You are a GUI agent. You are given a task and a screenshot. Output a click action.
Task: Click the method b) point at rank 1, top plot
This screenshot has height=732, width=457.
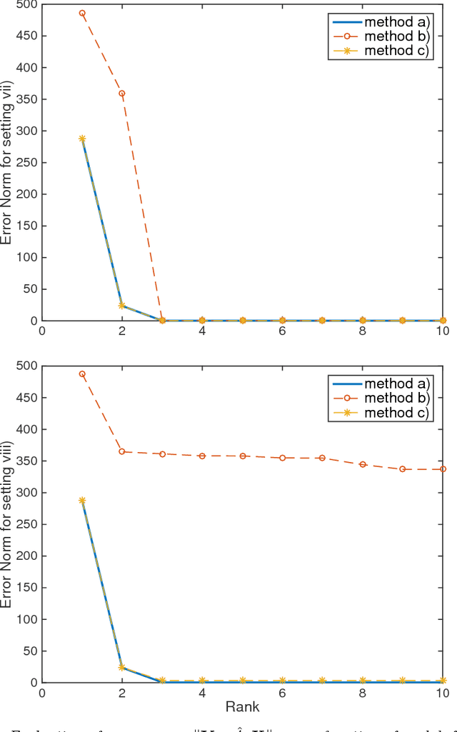pyautogui.click(x=82, y=13)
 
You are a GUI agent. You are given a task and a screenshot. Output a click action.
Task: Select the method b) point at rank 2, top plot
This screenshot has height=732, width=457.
pyautogui.click(x=122, y=94)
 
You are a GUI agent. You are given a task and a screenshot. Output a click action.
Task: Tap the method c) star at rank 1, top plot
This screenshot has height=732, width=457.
pyautogui.click(x=82, y=139)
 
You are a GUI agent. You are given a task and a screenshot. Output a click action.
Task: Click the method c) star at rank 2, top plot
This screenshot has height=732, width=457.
pyautogui.click(x=122, y=306)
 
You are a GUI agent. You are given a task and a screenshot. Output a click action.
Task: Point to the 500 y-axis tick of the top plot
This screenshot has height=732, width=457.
pyautogui.click(x=26, y=4)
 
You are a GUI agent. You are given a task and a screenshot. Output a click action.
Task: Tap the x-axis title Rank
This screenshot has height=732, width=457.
pyautogui.click(x=242, y=707)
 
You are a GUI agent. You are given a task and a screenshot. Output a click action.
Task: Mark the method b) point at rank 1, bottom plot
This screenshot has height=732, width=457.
pyautogui.click(x=82, y=373)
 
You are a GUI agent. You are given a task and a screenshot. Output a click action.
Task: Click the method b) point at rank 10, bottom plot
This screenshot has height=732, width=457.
pyautogui.click(x=443, y=469)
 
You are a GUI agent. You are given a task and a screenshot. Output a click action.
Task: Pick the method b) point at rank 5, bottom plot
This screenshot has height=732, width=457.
pyautogui.click(x=242, y=456)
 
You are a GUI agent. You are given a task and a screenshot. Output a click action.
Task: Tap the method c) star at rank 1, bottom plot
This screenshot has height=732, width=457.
pyautogui.click(x=82, y=501)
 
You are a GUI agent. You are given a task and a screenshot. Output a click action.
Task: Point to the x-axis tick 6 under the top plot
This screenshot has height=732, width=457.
pyautogui.click(x=282, y=332)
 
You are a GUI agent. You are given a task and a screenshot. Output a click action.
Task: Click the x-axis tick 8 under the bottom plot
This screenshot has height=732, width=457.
pyautogui.click(x=363, y=693)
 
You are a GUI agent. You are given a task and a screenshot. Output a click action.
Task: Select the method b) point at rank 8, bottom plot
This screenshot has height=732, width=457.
pyautogui.click(x=363, y=464)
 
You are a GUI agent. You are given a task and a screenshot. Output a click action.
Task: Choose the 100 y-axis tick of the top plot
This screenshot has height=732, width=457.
pyautogui.click(x=26, y=258)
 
